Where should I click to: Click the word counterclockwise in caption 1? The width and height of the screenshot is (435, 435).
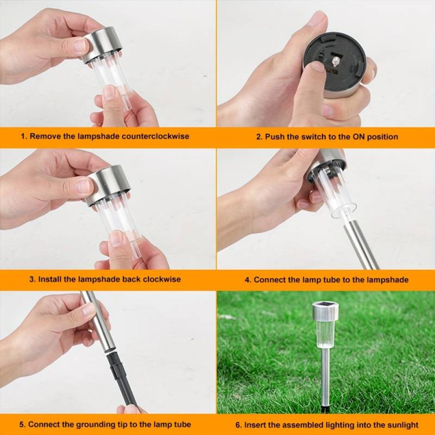[x=155, y=136]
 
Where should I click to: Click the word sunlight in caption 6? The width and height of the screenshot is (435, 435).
[x=398, y=425]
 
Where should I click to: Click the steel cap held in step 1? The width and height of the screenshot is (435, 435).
[x=104, y=43]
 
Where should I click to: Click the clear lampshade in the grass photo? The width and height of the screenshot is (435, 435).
[x=325, y=333]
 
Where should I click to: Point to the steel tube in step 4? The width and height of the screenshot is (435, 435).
[x=361, y=244]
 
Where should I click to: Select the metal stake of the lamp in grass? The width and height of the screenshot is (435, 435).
[x=325, y=374]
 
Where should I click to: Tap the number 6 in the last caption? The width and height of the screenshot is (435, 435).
[x=238, y=425]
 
